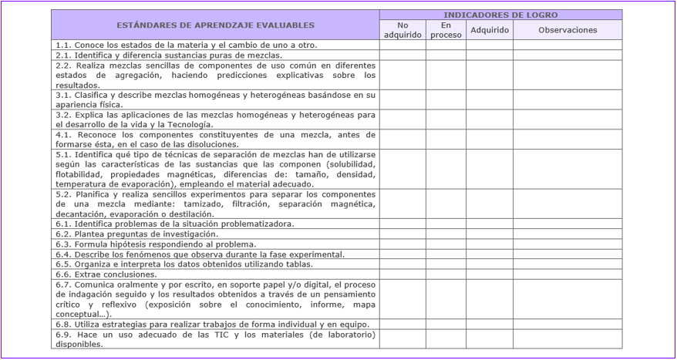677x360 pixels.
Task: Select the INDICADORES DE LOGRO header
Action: coord(500,15)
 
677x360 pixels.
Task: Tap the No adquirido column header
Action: coord(402,30)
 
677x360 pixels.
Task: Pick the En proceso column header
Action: coord(446,30)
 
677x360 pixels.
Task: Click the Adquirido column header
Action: coord(490,30)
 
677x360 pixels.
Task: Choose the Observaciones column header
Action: coord(568,30)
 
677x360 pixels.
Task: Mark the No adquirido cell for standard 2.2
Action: coord(402,75)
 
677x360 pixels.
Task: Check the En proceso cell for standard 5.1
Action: coord(446,169)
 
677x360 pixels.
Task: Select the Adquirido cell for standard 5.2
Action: coord(490,204)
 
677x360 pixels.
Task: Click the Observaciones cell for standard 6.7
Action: coord(568,299)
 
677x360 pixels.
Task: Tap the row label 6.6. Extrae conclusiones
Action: coord(106,274)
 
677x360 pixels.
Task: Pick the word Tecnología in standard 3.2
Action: coord(186,124)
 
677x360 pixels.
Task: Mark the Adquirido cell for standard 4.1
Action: coord(490,140)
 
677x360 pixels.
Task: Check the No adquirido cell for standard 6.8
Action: coord(402,325)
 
